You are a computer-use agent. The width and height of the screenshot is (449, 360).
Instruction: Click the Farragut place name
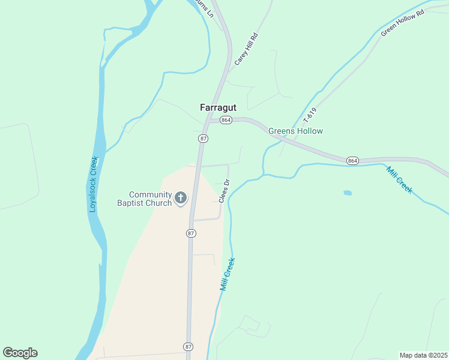click(x=218, y=107)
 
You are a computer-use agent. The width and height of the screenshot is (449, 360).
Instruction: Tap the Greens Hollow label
click(x=295, y=131)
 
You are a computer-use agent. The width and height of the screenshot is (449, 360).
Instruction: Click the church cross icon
click(x=181, y=197)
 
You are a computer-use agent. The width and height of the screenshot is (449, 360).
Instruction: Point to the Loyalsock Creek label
click(x=94, y=184)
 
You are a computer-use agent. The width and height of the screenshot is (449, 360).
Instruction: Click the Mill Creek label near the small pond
click(x=399, y=179)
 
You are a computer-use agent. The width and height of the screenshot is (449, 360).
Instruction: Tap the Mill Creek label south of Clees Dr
click(x=227, y=274)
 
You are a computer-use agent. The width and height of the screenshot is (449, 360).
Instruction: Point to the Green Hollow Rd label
click(x=402, y=23)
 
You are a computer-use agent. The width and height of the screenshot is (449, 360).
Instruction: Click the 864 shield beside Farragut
click(x=226, y=120)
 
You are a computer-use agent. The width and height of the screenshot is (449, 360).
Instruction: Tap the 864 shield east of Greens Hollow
click(x=352, y=160)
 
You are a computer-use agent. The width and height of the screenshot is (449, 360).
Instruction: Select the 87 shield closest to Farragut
click(x=203, y=139)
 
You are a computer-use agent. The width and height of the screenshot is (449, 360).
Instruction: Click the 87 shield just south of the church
click(x=190, y=233)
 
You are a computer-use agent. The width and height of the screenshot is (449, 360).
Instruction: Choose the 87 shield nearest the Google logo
click(x=189, y=347)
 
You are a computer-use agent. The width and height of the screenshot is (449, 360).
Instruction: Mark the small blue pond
click(x=347, y=193)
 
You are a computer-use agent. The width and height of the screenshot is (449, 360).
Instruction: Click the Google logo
click(x=20, y=353)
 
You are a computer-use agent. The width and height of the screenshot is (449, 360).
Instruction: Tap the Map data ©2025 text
click(x=423, y=355)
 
